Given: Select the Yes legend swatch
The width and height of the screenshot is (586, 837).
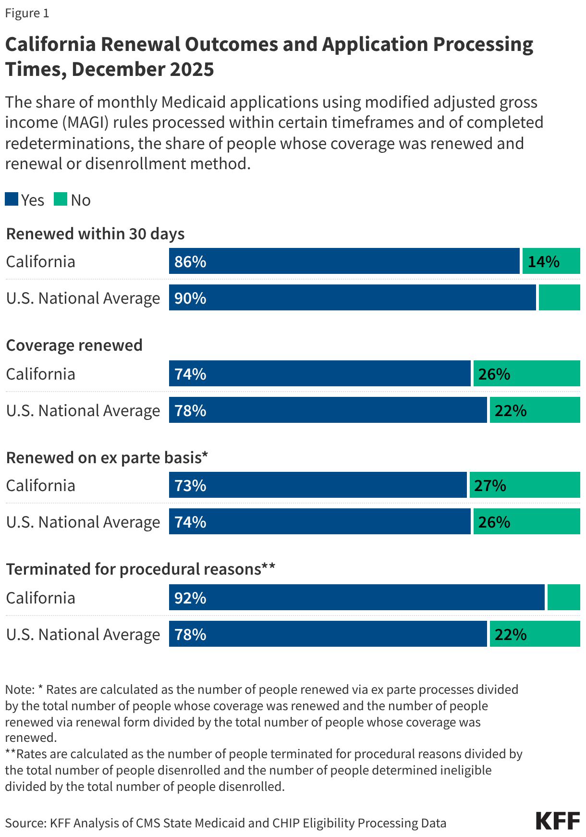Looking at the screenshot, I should [x=12, y=199].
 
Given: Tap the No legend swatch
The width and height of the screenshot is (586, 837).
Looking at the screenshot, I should [x=61, y=199].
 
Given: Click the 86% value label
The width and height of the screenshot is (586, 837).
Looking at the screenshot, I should [x=190, y=262].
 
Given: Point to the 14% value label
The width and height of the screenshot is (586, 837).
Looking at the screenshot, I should [x=543, y=262].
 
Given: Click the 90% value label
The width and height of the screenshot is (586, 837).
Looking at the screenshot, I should [x=190, y=298].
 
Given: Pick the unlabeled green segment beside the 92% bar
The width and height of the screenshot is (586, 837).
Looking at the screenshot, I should [x=563, y=598].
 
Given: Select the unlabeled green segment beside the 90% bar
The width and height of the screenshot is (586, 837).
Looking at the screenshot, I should [x=559, y=298].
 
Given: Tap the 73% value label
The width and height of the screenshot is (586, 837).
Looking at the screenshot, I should [x=190, y=486].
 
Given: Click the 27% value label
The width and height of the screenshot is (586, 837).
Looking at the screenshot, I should [x=490, y=486].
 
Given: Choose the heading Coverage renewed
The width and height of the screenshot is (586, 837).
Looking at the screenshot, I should [x=74, y=345].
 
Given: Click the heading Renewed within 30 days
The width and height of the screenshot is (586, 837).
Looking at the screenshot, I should [x=95, y=234].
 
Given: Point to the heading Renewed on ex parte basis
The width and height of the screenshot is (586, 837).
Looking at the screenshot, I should [x=107, y=457].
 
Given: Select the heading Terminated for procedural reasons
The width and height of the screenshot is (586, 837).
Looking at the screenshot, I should [x=140, y=569].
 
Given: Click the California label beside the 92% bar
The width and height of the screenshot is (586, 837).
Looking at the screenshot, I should [x=41, y=598].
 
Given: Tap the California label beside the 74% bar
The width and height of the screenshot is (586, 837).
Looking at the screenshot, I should [x=41, y=374].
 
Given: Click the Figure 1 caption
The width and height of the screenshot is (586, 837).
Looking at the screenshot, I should [x=27, y=13].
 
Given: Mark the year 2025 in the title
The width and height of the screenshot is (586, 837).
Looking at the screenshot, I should [x=191, y=69].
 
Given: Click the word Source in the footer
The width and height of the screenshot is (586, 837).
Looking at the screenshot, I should [x=24, y=823].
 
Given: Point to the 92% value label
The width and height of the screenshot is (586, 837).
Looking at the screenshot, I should [x=190, y=598].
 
